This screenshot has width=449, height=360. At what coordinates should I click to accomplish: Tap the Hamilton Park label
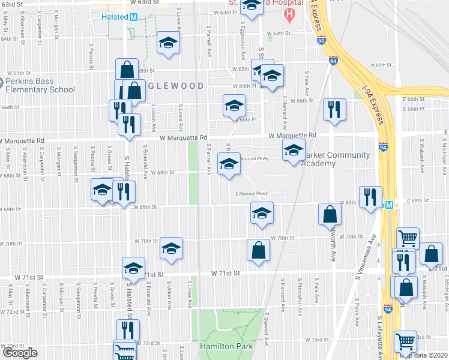(226, 346)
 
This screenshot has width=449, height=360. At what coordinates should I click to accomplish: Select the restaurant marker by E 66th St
(334, 109)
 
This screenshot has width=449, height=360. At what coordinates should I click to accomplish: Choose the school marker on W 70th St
(171, 248)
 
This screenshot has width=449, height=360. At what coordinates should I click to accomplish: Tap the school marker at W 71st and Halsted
(133, 267)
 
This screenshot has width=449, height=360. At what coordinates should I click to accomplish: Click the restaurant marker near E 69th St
(370, 197)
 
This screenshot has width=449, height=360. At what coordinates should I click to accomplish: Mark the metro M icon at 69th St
(389, 205)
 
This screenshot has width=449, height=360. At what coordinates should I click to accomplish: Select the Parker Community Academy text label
(336, 159)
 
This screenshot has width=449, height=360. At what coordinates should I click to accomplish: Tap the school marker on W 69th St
(262, 213)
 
